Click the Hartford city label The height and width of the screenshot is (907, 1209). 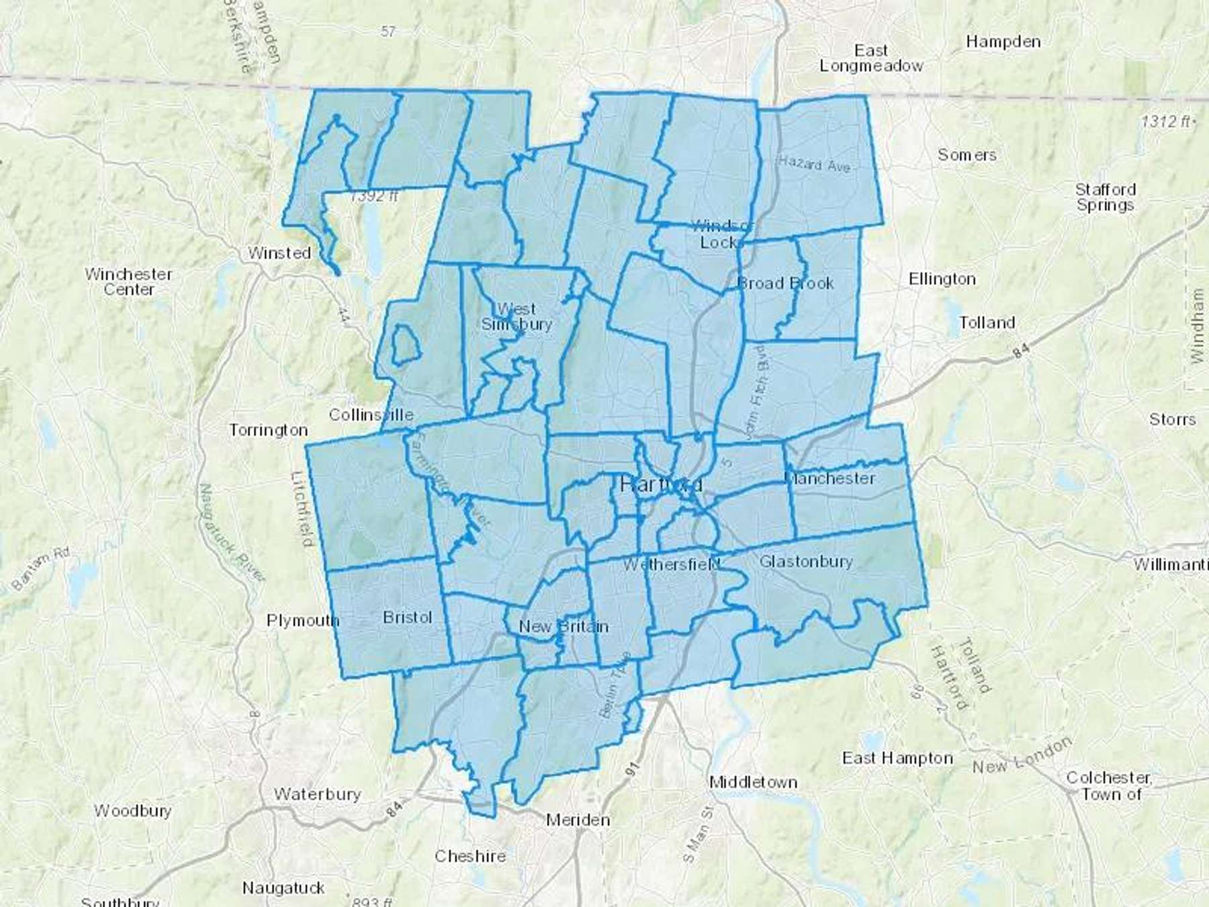click(661, 484)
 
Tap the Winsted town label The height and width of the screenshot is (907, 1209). click(279, 253)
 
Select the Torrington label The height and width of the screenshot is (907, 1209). click(269, 430)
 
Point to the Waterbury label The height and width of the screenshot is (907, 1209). click(317, 794)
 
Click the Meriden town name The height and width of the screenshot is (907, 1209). click(578, 820)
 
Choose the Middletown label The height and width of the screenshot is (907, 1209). click(754, 782)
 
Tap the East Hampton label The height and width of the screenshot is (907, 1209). click(897, 759)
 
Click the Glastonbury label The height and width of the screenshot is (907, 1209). click(806, 562)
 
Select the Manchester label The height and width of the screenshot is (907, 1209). click(830, 478)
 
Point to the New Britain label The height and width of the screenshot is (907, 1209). click(564, 627)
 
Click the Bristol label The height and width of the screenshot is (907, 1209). click(407, 617)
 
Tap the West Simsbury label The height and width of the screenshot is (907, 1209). click(517, 316)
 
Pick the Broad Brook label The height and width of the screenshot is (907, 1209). click(786, 284)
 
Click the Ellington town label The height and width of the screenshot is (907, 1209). click(942, 279)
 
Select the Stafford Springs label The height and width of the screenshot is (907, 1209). click(1105, 197)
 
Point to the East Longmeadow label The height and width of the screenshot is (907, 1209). click(871, 58)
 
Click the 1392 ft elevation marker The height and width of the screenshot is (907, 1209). click(374, 196)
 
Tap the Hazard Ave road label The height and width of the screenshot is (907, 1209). click(814, 163)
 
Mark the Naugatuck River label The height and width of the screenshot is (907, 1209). click(232, 532)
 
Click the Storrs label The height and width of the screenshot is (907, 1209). click(1172, 420)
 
